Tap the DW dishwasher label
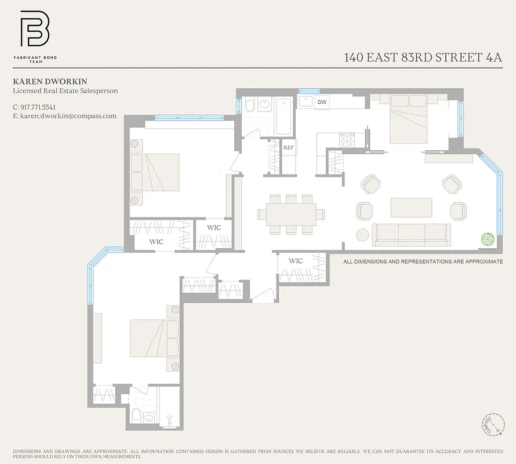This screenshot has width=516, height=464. click(x=322, y=102)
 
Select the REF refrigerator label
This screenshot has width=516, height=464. click(x=289, y=148)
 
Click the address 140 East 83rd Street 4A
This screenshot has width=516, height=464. click(x=423, y=57)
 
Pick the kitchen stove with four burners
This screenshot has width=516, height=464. click(x=347, y=139)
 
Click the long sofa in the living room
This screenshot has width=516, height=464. click(x=411, y=235)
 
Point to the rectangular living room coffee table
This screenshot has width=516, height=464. click(x=411, y=207)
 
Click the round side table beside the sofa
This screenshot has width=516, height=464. click(x=362, y=235)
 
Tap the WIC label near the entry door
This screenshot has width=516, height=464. click(x=296, y=261)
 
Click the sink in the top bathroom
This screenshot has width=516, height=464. click(x=265, y=104)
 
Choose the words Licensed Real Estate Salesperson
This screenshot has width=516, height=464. click(x=65, y=91)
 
